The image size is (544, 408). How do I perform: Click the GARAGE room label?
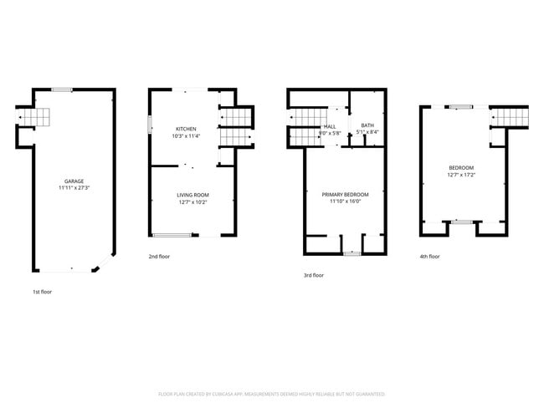click(x=74, y=181)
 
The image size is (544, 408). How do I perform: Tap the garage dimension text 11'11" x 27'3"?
click(x=74, y=188)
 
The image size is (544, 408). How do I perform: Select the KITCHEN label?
click(x=186, y=128)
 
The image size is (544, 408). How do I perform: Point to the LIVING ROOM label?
click(x=192, y=196)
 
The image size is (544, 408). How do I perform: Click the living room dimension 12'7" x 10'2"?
click(x=192, y=202)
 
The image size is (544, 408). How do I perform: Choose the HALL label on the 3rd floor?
click(x=330, y=126)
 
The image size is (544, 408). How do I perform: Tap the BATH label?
click(x=367, y=125)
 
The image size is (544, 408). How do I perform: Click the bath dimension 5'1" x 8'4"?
click(x=367, y=132)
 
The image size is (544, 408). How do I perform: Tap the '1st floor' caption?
click(x=42, y=292)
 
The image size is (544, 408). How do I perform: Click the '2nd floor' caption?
click(x=159, y=257)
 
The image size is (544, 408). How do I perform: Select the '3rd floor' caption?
click(x=314, y=275)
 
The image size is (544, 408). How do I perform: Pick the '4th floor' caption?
click(x=429, y=257)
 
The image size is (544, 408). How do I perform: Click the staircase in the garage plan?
click(x=39, y=117)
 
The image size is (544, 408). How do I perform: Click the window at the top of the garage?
click(x=61, y=89)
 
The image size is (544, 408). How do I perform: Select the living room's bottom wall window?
click(x=171, y=235)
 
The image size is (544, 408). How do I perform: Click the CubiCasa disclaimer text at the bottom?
click(x=271, y=393)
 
